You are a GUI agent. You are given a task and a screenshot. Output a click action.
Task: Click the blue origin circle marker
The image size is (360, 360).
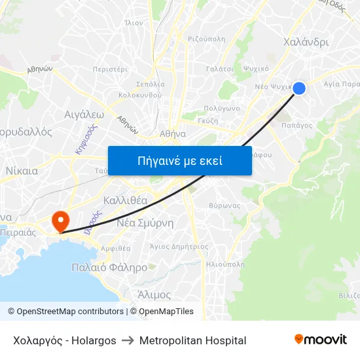coord(299,88)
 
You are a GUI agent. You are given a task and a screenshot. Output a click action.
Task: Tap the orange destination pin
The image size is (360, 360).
coord(61,219)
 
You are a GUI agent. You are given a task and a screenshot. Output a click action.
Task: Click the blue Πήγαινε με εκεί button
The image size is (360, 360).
coord(180,160)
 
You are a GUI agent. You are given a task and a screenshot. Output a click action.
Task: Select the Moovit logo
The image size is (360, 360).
coord(321,340)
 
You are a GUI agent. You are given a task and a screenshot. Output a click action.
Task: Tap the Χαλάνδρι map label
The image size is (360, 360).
coord(306,42)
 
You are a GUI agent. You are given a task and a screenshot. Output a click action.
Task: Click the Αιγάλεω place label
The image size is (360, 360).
coord(84,113)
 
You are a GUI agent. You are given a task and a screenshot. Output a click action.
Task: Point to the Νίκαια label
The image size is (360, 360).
coord(22,171)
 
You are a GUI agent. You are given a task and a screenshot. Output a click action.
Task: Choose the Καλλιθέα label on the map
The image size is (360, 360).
coord(125,200)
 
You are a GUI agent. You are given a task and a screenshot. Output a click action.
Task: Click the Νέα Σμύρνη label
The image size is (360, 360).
coord(145,223)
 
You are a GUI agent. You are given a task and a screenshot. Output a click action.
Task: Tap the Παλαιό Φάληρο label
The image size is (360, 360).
coord(109,268)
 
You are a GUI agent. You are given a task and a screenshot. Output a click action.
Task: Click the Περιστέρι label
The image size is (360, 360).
coord(109,69)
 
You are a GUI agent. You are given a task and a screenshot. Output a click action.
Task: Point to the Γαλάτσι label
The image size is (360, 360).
coord(220,68)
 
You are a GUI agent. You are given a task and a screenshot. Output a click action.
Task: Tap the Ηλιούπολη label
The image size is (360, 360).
coord(225,265)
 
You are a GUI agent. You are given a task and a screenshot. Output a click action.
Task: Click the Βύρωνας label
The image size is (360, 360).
coord(224,205)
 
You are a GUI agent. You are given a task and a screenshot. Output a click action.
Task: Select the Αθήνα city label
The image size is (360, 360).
coord(173,133)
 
